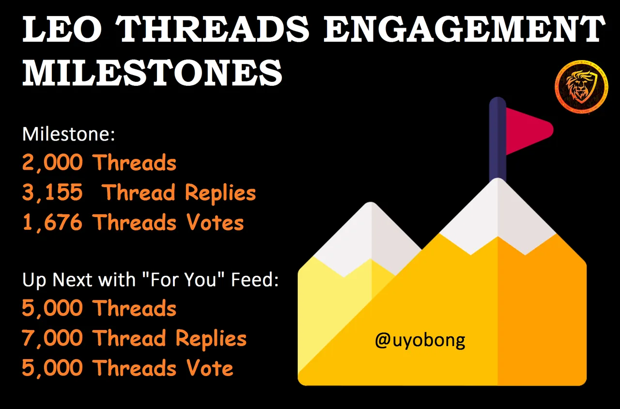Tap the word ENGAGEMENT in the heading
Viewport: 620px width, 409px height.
(465, 29)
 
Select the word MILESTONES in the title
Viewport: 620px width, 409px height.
(152, 73)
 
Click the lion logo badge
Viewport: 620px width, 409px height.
(582, 87)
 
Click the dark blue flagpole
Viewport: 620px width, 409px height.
(497, 140)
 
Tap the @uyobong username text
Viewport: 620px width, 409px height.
(420, 340)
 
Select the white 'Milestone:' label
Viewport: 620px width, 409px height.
(68, 134)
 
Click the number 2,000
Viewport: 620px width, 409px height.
(52, 162)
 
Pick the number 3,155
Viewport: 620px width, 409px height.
(52, 192)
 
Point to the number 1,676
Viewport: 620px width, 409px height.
(52, 222)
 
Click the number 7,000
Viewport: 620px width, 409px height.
(52, 338)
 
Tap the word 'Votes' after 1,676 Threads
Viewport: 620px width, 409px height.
(215, 222)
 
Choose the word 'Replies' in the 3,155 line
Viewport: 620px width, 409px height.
(220, 193)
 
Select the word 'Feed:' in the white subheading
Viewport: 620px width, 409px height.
(255, 280)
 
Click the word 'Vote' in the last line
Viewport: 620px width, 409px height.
(210, 368)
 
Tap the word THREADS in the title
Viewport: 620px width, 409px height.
(212, 29)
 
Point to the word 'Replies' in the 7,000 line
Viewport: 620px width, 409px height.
(211, 339)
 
